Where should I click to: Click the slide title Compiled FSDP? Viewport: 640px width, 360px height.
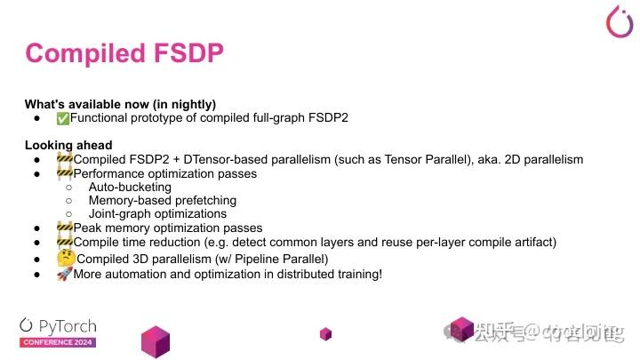tap(124, 53)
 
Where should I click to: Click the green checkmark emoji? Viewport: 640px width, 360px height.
tap(62, 118)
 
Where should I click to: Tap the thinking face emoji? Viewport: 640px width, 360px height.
tap(65, 258)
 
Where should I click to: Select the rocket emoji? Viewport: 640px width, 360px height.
tap(64, 274)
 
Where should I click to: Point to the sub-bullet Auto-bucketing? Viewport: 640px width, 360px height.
tap(130, 188)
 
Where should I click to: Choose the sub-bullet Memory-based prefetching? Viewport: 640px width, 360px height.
tap(162, 201)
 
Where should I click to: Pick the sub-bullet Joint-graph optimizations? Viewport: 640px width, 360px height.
tap(157, 214)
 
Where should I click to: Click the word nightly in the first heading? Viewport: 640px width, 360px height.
tap(190, 103)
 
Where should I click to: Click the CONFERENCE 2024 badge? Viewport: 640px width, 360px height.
tap(58, 342)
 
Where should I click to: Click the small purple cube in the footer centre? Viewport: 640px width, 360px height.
tap(326, 333)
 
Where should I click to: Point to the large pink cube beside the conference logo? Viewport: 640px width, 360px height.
tap(156, 340)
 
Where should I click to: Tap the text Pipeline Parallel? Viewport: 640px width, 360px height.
tap(281, 259)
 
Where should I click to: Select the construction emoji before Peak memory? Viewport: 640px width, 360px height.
tap(64, 228)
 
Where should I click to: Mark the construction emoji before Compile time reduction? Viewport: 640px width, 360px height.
tap(64, 242)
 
